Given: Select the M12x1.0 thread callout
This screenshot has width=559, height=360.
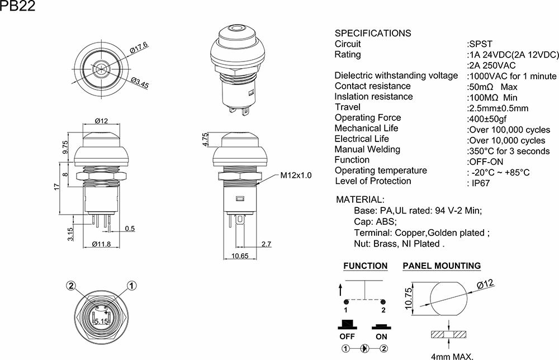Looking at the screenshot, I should tap(296, 176).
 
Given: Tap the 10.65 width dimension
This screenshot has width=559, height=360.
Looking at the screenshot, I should tap(240, 256).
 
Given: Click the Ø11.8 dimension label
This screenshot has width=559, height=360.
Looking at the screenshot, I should tap(101, 244).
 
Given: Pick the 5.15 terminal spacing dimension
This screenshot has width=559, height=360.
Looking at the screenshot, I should tap(102, 321).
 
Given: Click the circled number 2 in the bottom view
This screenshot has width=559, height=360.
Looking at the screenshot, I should tap(71, 286).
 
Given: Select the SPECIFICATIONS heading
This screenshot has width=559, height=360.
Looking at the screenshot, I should tap(372, 33).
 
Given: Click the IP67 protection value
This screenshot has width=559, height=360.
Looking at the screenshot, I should tap(480, 183).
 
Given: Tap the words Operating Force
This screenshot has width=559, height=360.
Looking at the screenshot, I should tap(368, 117).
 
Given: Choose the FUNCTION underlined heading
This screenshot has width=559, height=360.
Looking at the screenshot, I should tap(365, 266).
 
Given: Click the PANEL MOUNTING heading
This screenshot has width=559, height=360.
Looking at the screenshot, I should tap(442, 266).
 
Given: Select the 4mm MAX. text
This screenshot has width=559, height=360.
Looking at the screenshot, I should tap(452, 356).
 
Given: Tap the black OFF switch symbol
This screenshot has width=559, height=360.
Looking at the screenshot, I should tap(347, 325).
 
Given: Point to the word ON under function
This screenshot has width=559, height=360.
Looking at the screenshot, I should tap(381, 337).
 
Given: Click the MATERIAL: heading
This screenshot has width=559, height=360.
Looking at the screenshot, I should tap(359, 200).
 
